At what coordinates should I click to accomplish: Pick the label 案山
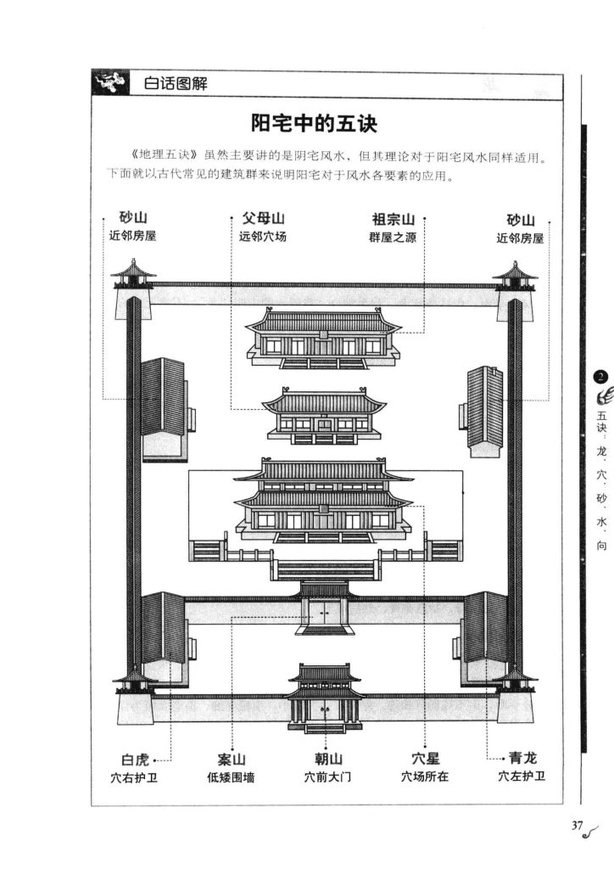232,758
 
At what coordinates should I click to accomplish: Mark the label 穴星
424,758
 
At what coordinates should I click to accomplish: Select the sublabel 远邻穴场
263,237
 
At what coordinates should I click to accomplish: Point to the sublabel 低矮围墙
231,776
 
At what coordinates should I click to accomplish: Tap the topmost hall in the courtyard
323,337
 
